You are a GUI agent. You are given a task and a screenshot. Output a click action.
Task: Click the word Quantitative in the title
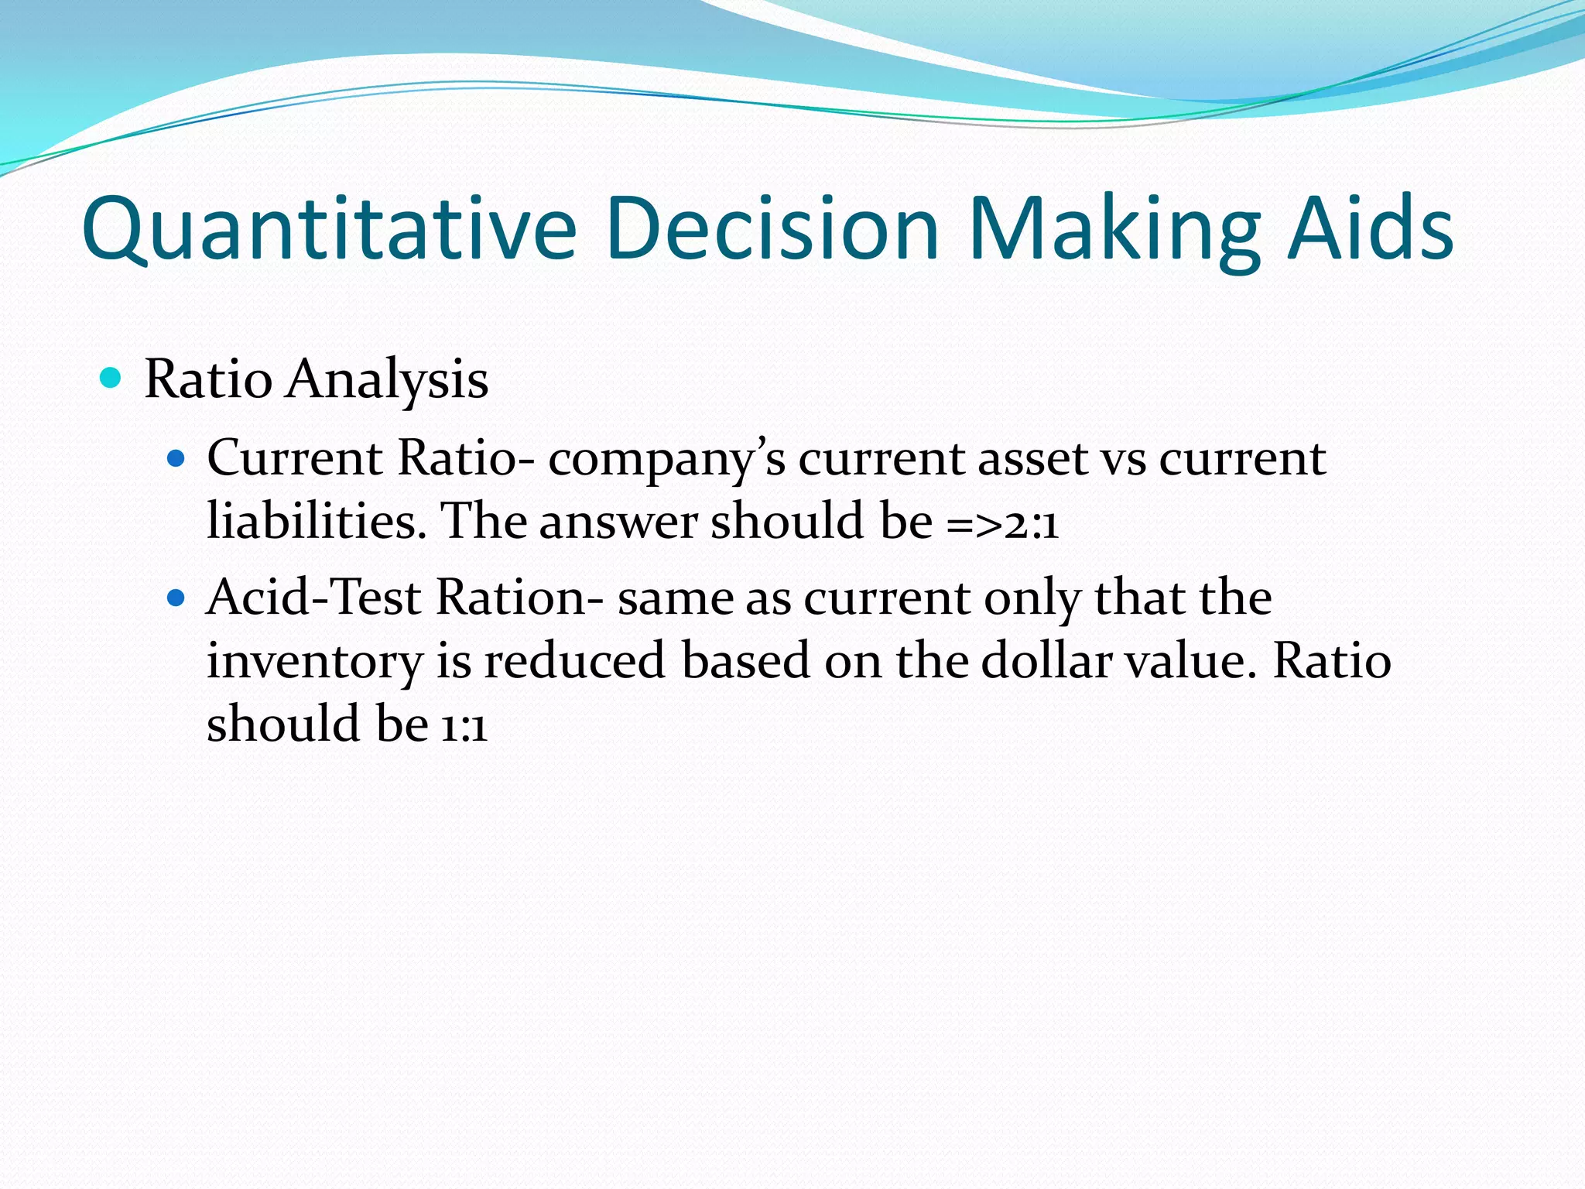click(x=329, y=229)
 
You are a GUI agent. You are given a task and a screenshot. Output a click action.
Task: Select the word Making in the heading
click(x=1114, y=229)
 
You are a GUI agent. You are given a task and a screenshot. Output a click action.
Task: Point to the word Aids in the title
click(x=1370, y=229)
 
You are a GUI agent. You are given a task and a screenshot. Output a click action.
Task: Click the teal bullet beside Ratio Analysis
click(x=111, y=378)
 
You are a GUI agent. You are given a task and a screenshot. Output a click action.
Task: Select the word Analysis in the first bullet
click(x=387, y=381)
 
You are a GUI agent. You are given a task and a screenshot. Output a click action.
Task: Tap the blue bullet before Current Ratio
click(x=176, y=459)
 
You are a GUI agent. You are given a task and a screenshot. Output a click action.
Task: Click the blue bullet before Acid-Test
click(x=176, y=598)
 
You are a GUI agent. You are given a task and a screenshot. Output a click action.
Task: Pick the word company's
click(x=666, y=461)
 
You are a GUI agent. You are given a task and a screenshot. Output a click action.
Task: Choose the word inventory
click(x=314, y=663)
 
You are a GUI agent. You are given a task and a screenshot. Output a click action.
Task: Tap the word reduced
click(x=574, y=661)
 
